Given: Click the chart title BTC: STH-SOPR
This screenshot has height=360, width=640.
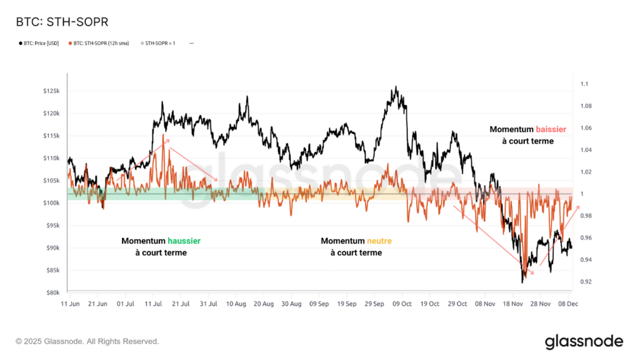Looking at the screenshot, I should pyautogui.click(x=62, y=22).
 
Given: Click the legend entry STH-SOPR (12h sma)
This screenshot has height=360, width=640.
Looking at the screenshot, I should pyautogui.click(x=101, y=43).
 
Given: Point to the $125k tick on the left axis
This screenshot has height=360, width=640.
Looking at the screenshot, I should pyautogui.click(x=51, y=91).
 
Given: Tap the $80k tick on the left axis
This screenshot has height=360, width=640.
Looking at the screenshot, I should pyautogui.click(x=52, y=292).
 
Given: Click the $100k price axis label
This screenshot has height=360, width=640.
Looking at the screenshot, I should pyautogui.click(x=51, y=203).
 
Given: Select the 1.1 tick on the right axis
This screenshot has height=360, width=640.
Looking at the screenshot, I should pyautogui.click(x=584, y=84).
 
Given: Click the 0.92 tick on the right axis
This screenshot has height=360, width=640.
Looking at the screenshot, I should pyautogui.click(x=586, y=282).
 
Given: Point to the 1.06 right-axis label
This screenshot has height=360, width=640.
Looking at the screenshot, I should pyautogui.click(x=586, y=128).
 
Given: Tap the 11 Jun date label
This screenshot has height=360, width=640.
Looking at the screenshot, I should pyautogui.click(x=71, y=304).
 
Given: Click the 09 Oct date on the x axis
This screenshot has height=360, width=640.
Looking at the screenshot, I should pyautogui.click(x=402, y=304).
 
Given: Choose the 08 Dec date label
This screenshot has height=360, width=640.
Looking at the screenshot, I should pyautogui.click(x=567, y=304).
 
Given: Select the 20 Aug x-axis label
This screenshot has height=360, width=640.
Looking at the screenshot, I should pyautogui.click(x=263, y=304).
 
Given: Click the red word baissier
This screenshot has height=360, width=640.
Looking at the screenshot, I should pyautogui.click(x=550, y=129).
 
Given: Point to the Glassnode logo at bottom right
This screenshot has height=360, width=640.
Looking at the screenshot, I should pyautogui.click(x=584, y=341).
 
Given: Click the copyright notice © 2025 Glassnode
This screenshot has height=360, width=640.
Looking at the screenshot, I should pyautogui.click(x=87, y=341).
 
